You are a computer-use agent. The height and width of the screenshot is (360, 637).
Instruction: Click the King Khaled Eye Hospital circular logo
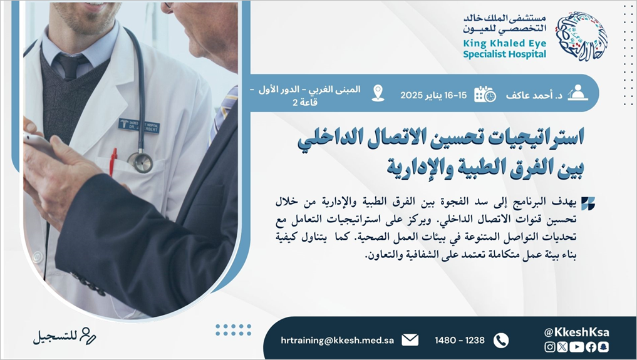click(x=581, y=36)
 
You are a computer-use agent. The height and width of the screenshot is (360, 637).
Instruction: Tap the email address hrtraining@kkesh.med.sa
click(x=337, y=340)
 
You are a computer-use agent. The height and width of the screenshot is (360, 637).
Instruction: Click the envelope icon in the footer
click(x=410, y=340)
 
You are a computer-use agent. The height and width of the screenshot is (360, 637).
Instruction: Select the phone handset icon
click(x=501, y=340)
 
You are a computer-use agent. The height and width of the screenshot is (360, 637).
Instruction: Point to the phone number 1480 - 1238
click(x=460, y=340)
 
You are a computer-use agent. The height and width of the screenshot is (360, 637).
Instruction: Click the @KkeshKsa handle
click(x=576, y=332)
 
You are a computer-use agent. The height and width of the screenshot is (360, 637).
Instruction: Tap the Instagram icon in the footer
click(x=550, y=347)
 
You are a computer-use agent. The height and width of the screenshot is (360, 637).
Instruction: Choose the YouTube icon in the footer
click(x=576, y=347)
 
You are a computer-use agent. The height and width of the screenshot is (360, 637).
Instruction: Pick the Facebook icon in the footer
click(x=591, y=347)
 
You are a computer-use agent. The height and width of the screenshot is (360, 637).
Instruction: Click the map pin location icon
click(x=378, y=93)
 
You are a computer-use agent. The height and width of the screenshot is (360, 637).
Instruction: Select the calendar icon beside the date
click(x=485, y=94)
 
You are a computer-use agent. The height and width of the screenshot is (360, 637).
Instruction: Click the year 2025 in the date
click(x=412, y=95)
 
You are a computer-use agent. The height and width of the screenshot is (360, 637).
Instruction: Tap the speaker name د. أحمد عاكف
click(x=534, y=95)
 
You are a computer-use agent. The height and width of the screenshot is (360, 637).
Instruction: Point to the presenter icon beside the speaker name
click(x=577, y=93)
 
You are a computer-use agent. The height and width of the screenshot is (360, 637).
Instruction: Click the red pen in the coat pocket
click(x=113, y=162)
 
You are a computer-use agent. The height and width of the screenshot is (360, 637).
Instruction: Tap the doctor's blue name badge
click(x=139, y=125)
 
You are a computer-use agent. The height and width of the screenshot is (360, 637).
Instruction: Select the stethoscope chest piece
click(x=140, y=162)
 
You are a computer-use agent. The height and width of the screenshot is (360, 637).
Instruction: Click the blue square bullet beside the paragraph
click(x=588, y=203)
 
